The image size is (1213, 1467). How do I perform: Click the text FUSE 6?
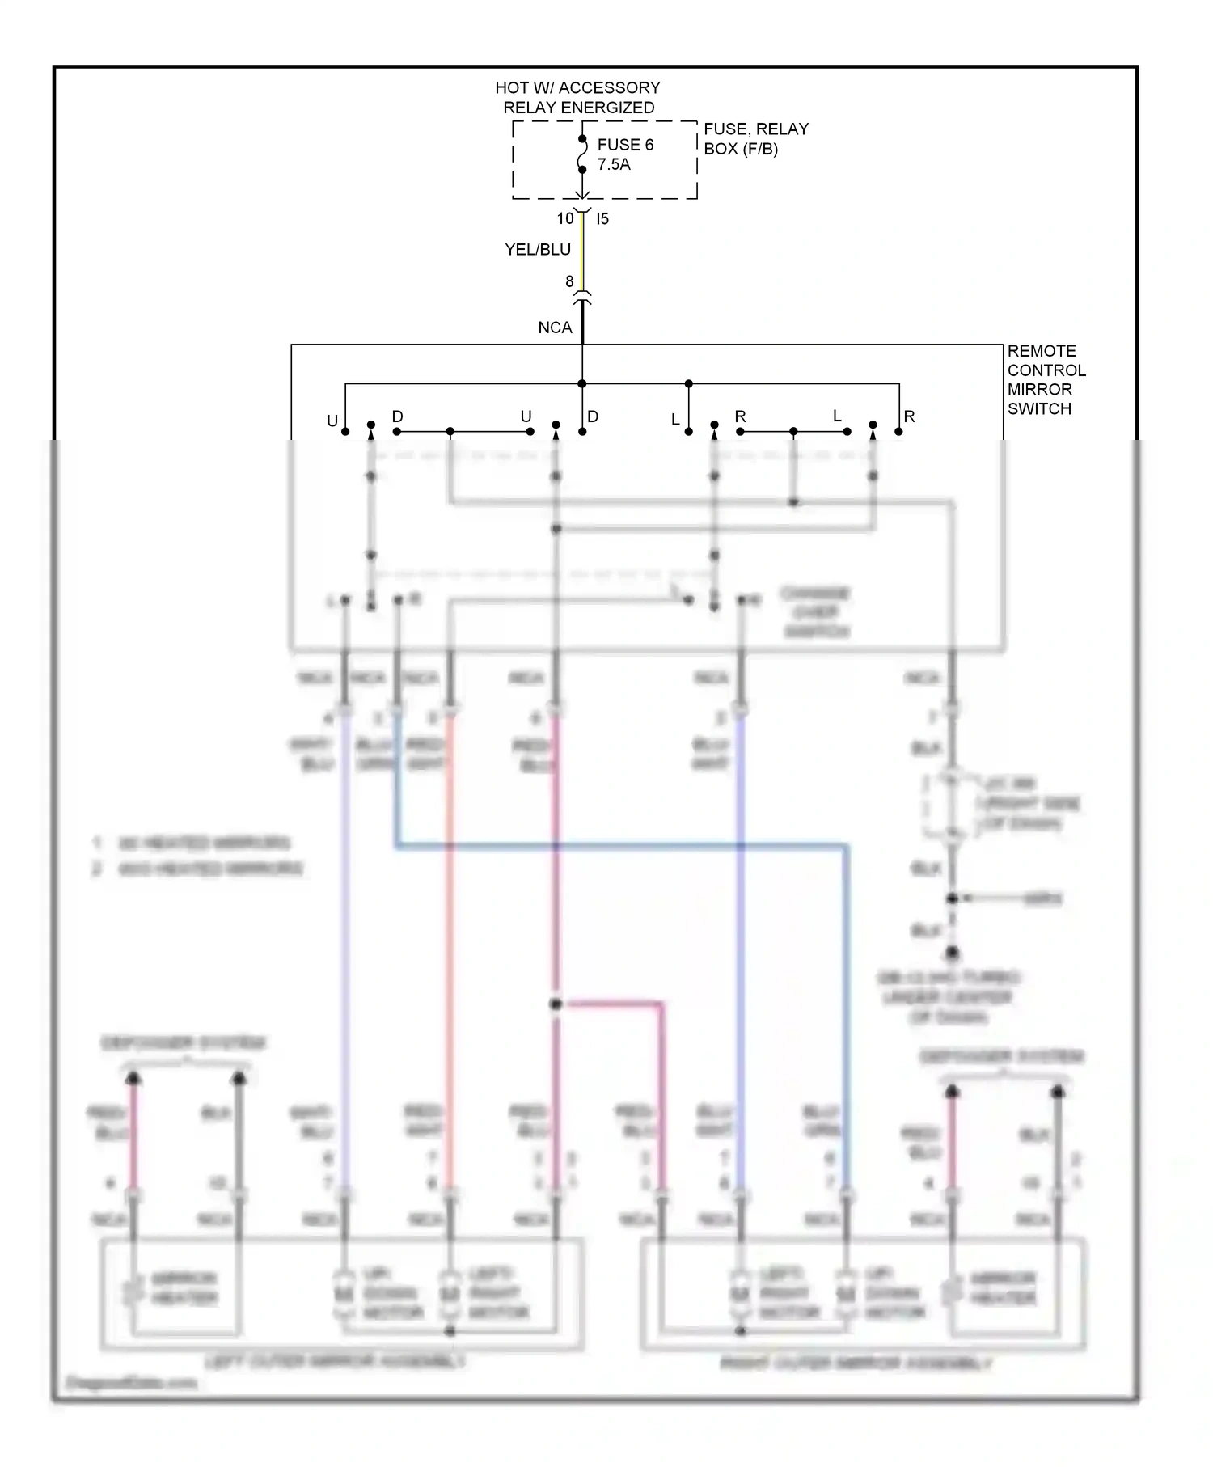click(624, 145)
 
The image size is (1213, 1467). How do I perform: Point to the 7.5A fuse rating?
click(613, 164)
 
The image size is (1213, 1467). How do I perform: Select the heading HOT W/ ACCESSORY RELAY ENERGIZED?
click(577, 97)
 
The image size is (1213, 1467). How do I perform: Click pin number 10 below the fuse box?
click(564, 218)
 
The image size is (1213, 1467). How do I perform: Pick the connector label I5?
click(602, 218)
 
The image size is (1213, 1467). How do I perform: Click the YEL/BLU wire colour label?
click(538, 250)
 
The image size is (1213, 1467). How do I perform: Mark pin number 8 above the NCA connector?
click(569, 281)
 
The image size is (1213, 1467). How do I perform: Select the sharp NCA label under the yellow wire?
click(555, 328)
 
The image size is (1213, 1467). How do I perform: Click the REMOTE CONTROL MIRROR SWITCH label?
click(1046, 379)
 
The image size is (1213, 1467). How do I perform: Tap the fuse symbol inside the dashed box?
click(581, 154)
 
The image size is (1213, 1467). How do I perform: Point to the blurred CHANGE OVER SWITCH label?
click(815, 612)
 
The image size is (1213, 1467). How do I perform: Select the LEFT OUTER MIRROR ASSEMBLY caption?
click(335, 1362)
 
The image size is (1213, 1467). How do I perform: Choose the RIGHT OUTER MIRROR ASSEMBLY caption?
click(856, 1363)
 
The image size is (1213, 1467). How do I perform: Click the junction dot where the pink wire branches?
click(556, 1004)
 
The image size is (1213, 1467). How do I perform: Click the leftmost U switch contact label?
click(332, 421)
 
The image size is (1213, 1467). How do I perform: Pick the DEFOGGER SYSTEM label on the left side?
click(184, 1043)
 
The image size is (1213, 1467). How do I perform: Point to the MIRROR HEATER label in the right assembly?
click(1003, 1288)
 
